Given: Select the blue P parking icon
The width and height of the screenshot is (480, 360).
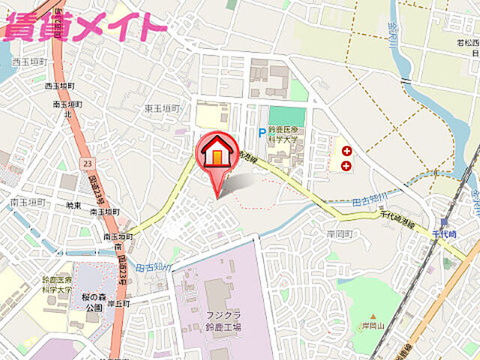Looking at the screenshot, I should (262, 133).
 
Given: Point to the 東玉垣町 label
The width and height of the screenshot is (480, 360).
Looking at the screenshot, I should (163, 109).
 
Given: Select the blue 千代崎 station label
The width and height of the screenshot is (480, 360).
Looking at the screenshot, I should (443, 234).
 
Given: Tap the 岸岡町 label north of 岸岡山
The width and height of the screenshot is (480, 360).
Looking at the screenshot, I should (340, 234).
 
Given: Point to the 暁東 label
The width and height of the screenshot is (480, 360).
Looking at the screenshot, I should (74, 205).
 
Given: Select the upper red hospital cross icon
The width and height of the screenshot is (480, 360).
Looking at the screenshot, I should (346, 148).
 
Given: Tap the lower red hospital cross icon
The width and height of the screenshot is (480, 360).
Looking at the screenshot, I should (346, 165).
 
